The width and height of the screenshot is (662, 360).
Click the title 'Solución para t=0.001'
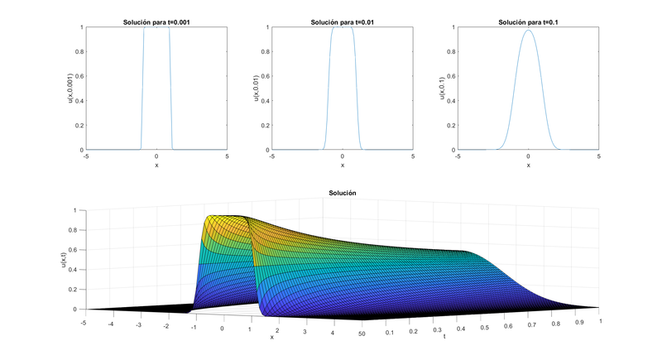(x=156, y=22)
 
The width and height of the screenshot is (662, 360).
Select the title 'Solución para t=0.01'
(x=342, y=22)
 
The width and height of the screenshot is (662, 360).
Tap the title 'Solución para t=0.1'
(x=528, y=22)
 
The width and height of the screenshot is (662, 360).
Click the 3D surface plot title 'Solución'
(x=342, y=193)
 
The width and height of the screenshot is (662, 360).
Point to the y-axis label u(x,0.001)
(x=70, y=89)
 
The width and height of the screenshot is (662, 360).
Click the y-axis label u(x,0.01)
(x=257, y=89)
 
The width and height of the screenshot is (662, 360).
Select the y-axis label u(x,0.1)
(x=443, y=89)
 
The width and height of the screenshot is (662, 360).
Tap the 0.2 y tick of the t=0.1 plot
(x=451, y=126)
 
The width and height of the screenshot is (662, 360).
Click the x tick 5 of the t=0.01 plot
(x=412, y=156)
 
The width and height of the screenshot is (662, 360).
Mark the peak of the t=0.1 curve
(x=528, y=31)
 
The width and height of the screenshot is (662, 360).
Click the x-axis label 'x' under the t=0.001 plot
(x=156, y=165)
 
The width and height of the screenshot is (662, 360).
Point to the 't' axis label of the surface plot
(x=445, y=338)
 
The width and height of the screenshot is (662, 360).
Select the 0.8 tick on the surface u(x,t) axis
(x=74, y=230)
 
